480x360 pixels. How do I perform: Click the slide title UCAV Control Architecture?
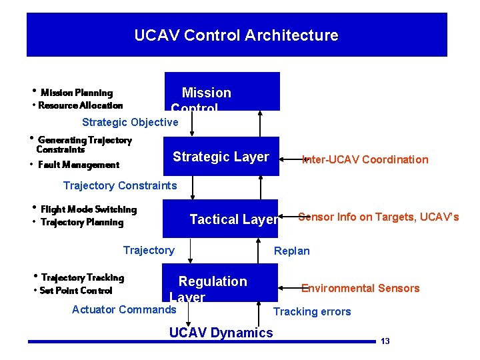coord(236,35)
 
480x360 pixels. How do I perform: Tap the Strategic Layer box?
coord(221,157)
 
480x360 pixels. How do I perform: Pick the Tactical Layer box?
coord(221,219)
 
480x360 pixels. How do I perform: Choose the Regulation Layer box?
coord(220,282)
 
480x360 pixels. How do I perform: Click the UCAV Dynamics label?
coord(221,333)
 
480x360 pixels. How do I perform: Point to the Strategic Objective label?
coord(130,122)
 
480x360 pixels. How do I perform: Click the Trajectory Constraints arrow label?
coord(120,185)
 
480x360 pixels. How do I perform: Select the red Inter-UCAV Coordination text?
coord(365,159)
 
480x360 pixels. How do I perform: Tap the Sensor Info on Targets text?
coord(378,217)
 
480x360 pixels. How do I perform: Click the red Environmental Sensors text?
coord(360,288)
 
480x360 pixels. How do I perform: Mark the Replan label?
coord(292,251)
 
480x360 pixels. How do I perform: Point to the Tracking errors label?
coord(312,311)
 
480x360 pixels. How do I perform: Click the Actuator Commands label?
coord(124,309)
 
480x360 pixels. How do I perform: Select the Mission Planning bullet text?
coord(77,93)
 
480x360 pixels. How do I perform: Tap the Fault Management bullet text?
coord(79,165)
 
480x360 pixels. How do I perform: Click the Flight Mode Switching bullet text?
coord(89,209)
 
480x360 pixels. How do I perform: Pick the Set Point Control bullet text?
coord(76,290)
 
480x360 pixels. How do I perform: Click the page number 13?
coord(385,341)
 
